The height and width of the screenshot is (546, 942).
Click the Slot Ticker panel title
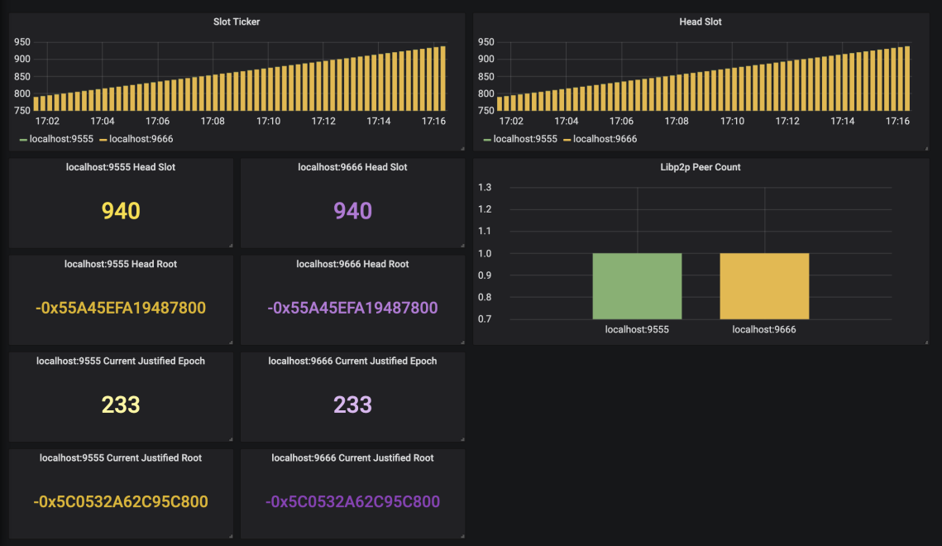click(x=237, y=22)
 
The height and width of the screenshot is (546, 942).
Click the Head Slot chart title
click(x=700, y=22)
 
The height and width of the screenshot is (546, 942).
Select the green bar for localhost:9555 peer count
click(x=637, y=285)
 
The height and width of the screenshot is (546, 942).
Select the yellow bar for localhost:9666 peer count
click(x=764, y=285)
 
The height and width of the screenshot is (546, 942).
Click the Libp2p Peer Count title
click(x=700, y=167)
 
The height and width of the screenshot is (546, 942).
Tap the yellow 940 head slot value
click(x=121, y=211)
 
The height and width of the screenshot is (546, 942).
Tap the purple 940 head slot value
click(x=352, y=211)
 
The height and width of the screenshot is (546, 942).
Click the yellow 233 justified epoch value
click(x=121, y=405)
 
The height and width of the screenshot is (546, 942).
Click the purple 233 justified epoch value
click(x=352, y=405)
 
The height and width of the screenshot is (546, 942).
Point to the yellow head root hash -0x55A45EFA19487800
click(x=121, y=308)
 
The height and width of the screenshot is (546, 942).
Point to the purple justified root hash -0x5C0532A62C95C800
click(x=352, y=501)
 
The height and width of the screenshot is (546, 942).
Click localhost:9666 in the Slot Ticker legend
click(x=141, y=139)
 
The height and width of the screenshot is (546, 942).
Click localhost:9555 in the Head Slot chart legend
click(x=525, y=139)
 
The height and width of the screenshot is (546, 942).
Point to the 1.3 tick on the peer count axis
click(x=485, y=187)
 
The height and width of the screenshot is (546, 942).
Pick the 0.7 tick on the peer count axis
click(x=485, y=318)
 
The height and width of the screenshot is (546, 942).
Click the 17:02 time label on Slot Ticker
click(x=47, y=121)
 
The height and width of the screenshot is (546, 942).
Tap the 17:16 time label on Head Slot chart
click(x=897, y=121)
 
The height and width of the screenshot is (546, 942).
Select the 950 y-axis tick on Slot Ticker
click(x=22, y=41)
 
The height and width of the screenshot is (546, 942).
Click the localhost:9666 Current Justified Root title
click(x=352, y=457)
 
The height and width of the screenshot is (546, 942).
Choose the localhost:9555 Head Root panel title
click(x=121, y=264)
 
